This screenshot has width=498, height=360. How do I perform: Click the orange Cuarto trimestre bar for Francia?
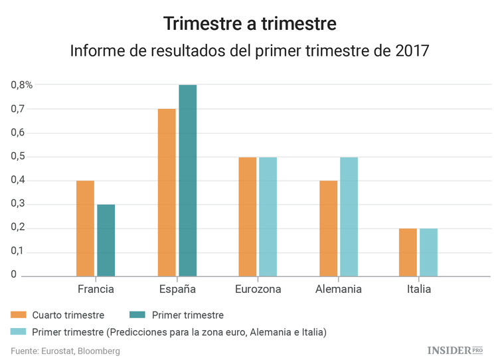[85, 228]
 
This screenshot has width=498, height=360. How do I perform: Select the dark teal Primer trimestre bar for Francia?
[106, 240]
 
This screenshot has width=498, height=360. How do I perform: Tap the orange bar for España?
[167, 192]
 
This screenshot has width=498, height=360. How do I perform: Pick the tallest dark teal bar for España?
[187, 180]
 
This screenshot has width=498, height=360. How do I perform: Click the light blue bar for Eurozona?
[268, 216]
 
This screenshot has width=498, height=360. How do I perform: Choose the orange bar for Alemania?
[328, 228]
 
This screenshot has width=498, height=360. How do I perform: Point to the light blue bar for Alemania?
[349, 216]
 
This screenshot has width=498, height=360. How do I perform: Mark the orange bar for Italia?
[408, 252]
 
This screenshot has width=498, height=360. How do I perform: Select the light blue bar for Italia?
[428, 252]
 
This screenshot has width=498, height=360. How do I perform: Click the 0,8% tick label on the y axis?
[21, 85]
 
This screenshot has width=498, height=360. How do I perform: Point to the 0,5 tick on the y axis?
[17, 157]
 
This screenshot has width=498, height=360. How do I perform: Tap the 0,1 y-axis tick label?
[17, 252]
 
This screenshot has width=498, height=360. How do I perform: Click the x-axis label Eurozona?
[258, 290]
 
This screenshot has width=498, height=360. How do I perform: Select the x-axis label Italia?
[418, 290]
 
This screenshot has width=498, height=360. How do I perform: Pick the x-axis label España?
[177, 290]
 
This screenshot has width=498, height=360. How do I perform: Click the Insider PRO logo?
[454, 350]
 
